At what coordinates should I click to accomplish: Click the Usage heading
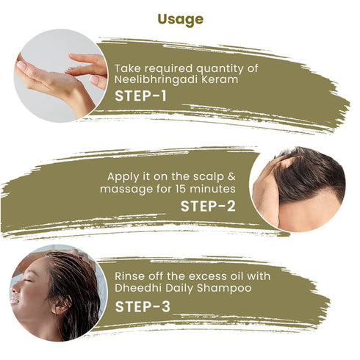[181, 20]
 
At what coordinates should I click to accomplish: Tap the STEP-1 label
[140, 96]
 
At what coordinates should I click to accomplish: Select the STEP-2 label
[208, 206]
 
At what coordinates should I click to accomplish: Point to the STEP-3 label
[143, 306]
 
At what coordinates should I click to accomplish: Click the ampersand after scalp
[231, 176]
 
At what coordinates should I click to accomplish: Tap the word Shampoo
[224, 288]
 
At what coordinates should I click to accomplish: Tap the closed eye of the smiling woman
[28, 280]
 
